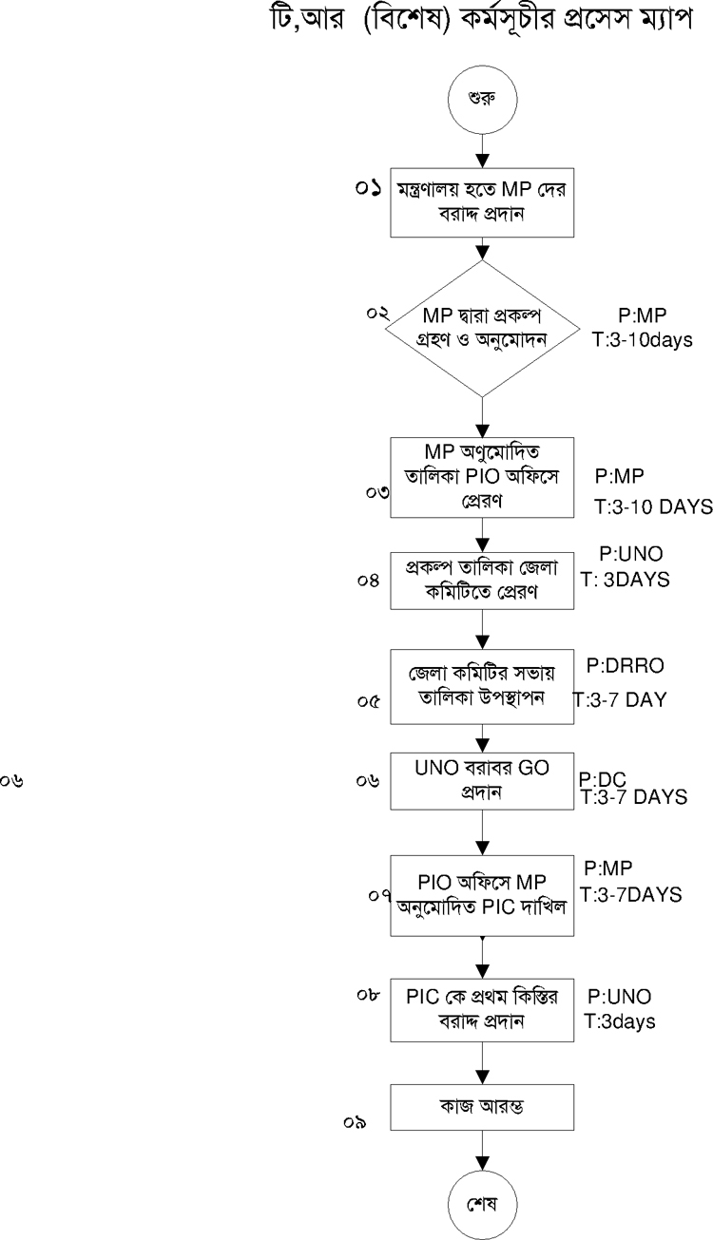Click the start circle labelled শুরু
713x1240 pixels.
pos(483,97)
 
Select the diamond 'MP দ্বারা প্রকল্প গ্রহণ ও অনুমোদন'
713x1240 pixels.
pos(483,328)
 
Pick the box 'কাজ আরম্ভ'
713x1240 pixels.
pos(483,1107)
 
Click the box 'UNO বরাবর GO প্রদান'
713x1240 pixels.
pos(483,779)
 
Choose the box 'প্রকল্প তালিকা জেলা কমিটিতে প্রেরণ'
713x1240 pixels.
pos(483,578)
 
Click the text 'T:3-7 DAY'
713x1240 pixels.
pos(619,700)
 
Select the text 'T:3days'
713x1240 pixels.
pos(619,1022)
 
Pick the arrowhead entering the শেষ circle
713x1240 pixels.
pos(483,1163)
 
